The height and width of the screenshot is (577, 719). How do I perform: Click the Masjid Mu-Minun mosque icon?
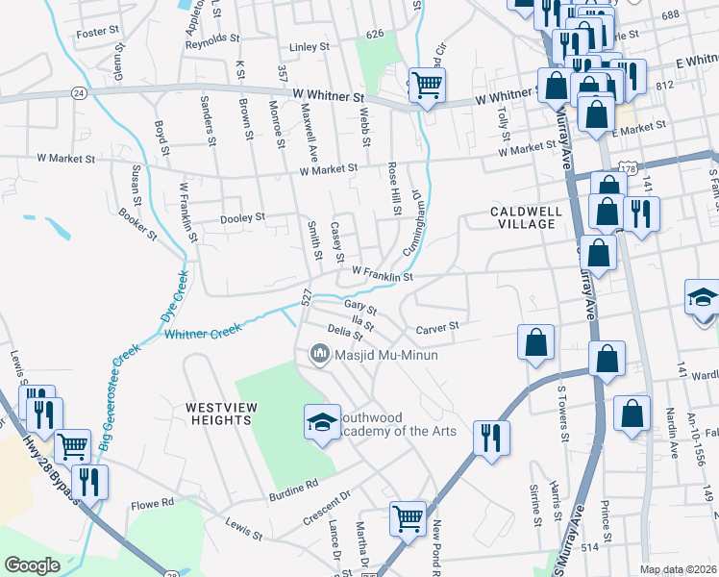(318, 355)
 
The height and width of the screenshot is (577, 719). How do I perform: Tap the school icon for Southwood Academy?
(322, 420)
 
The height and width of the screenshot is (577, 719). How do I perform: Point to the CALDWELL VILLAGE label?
(523, 217)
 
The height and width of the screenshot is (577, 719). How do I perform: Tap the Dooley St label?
(242, 218)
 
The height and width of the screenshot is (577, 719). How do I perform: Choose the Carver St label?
(438, 328)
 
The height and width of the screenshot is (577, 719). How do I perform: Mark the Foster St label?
(97, 33)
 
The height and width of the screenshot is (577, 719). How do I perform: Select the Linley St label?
(310, 46)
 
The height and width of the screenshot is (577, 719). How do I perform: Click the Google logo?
(31, 565)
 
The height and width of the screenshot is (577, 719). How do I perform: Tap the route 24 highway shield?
(78, 93)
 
